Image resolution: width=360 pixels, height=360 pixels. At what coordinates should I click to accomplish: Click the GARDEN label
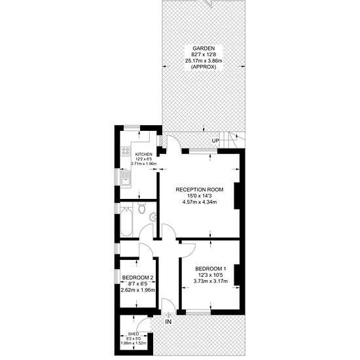[x=204, y=48]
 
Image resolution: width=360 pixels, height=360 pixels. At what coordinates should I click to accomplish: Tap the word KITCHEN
[x=143, y=154]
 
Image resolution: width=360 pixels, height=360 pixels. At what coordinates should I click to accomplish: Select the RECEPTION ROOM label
[x=200, y=190]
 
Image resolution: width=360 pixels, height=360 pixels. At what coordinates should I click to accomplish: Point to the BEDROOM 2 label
[x=137, y=278]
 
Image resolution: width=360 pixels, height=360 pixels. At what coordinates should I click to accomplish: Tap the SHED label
[x=134, y=334]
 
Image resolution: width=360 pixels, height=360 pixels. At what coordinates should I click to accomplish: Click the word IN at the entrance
[x=168, y=322]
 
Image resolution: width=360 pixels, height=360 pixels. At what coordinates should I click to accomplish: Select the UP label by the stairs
[x=215, y=141]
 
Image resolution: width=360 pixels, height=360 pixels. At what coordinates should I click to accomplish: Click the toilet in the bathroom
[x=142, y=207]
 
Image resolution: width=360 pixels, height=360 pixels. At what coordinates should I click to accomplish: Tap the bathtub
[x=126, y=221]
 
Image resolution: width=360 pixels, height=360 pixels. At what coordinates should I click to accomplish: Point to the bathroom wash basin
[x=153, y=217]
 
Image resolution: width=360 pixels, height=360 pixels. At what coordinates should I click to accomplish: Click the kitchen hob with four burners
[x=126, y=151]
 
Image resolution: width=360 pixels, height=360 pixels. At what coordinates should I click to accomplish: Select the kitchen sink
[x=126, y=179]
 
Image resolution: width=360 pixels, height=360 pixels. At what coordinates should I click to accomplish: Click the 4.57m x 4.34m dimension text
[x=200, y=202]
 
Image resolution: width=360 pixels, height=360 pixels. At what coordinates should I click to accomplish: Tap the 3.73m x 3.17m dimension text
[x=211, y=281]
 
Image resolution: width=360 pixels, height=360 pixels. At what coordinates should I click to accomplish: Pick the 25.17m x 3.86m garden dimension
[x=204, y=61]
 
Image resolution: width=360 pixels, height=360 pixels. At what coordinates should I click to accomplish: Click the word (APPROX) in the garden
[x=204, y=67]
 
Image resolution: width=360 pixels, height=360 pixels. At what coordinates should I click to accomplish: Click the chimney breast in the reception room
[x=237, y=196]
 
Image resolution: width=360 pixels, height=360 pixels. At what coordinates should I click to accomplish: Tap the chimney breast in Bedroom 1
[x=237, y=275]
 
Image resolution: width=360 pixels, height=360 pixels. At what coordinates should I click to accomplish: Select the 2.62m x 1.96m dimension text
[x=137, y=290]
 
